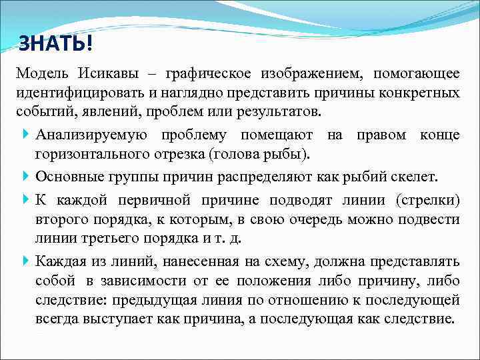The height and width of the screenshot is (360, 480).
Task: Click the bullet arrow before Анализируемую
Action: tap(25, 135)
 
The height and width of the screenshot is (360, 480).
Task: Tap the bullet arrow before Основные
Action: tap(25, 177)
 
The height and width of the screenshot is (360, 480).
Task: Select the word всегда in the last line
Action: tap(60, 318)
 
